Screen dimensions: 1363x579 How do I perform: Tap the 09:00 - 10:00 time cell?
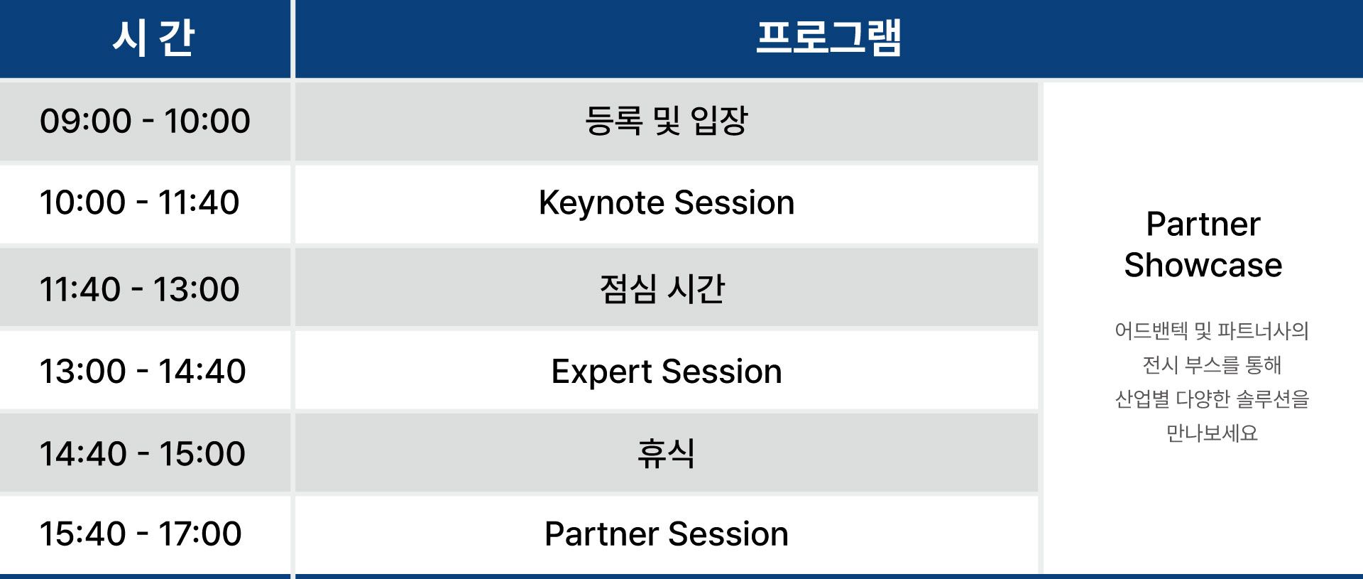(x=145, y=121)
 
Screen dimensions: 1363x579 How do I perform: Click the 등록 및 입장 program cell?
(x=666, y=121)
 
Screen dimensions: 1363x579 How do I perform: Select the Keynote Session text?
(x=667, y=203)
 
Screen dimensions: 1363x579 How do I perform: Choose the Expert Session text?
(x=667, y=372)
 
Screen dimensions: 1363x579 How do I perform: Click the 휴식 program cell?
(x=666, y=453)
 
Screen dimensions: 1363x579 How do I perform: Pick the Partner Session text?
(x=667, y=534)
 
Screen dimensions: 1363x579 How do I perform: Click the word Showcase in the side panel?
(x=1203, y=265)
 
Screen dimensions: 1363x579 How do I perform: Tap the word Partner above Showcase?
(x=1203, y=224)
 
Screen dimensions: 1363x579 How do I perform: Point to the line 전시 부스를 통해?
(x=1212, y=365)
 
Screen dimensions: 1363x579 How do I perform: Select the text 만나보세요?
(x=1212, y=433)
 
